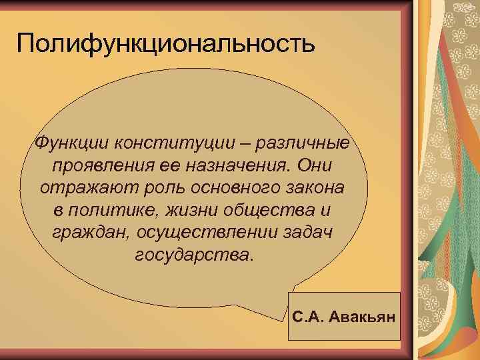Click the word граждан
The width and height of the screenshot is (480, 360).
(x=81, y=233)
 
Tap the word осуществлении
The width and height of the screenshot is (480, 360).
(x=197, y=233)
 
